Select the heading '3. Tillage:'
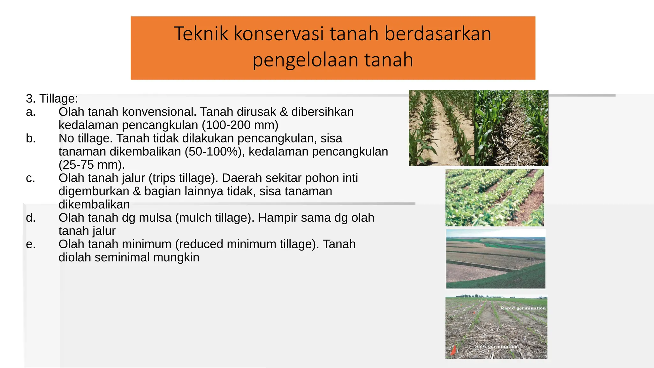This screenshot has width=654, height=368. (52, 98)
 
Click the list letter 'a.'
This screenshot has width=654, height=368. (31, 112)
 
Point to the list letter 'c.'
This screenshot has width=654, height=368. (30, 178)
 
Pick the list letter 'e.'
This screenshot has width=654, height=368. (31, 244)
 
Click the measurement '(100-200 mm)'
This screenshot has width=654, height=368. (240, 125)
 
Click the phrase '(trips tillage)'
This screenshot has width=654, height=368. (183, 178)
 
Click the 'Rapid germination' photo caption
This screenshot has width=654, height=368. (523, 308)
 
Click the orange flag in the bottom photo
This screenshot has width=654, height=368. (453, 350)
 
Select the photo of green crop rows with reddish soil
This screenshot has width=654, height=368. (494, 198)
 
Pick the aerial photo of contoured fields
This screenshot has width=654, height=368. (496, 259)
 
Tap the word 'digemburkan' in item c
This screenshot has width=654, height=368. (94, 191)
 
